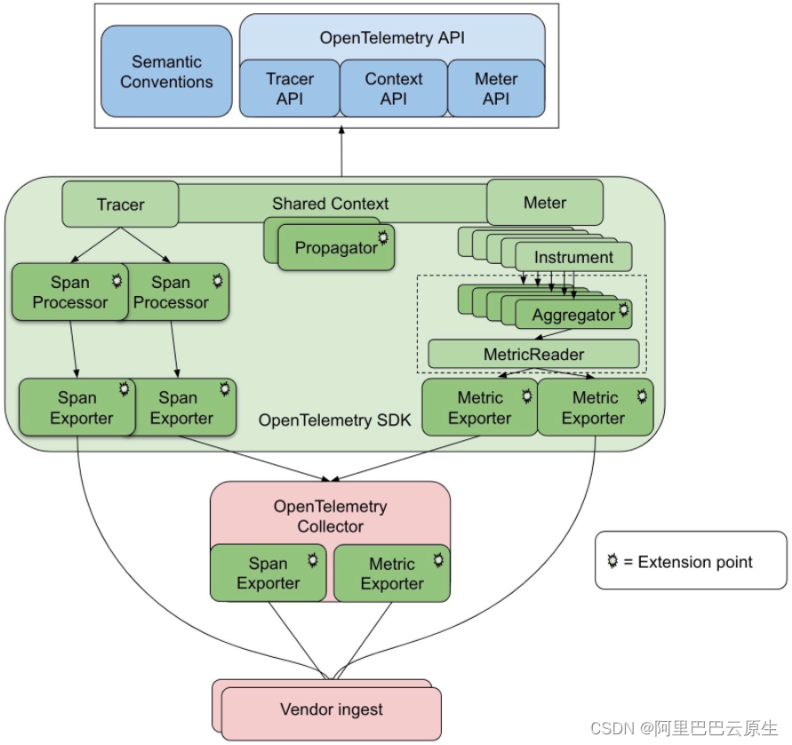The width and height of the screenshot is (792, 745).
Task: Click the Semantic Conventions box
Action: pyautogui.click(x=166, y=71)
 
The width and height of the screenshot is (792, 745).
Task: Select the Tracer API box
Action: pyautogui.click(x=290, y=89)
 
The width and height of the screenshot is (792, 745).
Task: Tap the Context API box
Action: pyautogui.click(x=393, y=89)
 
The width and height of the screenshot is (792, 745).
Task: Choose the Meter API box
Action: pyautogui.click(x=496, y=89)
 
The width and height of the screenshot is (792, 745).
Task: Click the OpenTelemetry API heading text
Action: pyautogui.click(x=392, y=38)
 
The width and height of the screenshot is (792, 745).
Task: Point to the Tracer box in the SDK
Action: pyautogui.click(x=120, y=204)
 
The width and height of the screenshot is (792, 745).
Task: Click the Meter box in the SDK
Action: pyautogui.click(x=544, y=203)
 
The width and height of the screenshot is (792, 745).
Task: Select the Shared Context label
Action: pyautogui.click(x=330, y=204)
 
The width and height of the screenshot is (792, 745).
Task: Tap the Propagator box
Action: pyautogui.click(x=336, y=248)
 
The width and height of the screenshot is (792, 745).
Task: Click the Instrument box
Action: pyautogui.click(x=573, y=257)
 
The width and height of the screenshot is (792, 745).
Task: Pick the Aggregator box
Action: pyautogui.click(x=573, y=315)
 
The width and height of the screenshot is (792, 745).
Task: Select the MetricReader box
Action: pyautogui.click(x=533, y=354)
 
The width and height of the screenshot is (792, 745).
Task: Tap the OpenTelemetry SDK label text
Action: pyautogui.click(x=334, y=420)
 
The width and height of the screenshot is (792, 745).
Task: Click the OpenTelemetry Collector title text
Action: pyautogui.click(x=330, y=516)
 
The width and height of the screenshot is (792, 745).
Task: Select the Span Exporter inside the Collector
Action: pyautogui.click(x=268, y=573)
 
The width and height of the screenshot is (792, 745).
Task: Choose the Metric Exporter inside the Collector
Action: pyautogui.click(x=392, y=573)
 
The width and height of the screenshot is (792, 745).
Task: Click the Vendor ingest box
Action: pyautogui.click(x=331, y=709)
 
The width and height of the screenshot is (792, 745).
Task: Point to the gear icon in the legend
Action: pyautogui.click(x=612, y=561)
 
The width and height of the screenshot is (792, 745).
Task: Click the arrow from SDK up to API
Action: pyautogui.click(x=341, y=151)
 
